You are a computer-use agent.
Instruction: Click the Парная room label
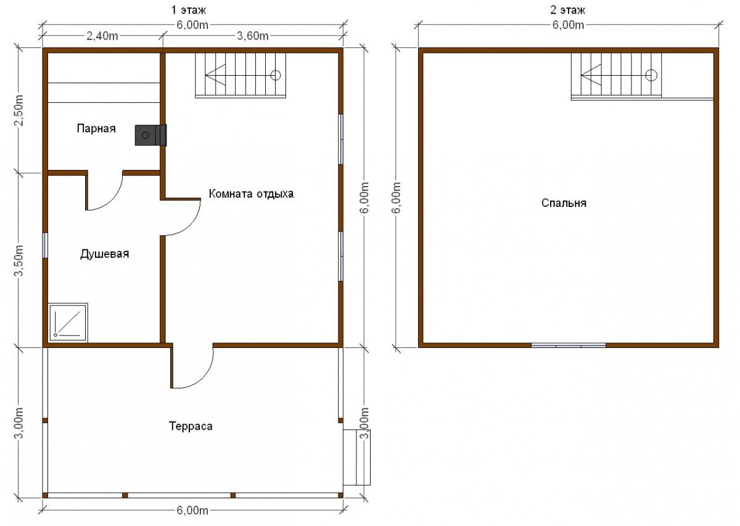96,128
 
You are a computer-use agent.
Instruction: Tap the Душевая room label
104,254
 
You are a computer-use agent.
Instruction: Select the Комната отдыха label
251,193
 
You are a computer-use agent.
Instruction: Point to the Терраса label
191,426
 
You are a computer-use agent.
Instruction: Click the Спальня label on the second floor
564,203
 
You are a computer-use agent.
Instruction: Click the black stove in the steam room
150,136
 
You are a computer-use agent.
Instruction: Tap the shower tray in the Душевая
68,322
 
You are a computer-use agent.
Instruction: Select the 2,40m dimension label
102,36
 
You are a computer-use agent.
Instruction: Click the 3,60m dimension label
253,36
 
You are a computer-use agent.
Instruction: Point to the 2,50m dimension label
19,110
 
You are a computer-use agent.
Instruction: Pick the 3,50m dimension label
19,261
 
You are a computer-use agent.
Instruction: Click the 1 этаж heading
188,10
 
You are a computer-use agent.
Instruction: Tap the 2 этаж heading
567,10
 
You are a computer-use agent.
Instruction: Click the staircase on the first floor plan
240,75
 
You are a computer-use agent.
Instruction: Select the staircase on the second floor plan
617,76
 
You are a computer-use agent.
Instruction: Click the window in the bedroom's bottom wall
569,346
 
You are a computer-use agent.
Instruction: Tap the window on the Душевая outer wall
45,245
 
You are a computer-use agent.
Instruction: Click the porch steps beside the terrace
357,458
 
